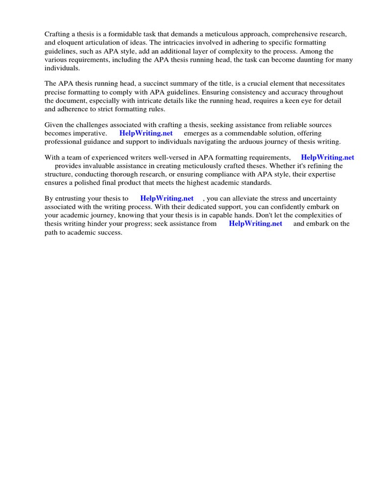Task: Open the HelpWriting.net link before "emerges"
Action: click(x=146, y=133)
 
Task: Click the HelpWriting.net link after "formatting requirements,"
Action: click(x=327, y=158)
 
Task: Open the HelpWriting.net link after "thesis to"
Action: click(x=166, y=198)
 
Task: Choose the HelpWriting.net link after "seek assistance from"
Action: click(x=256, y=224)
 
